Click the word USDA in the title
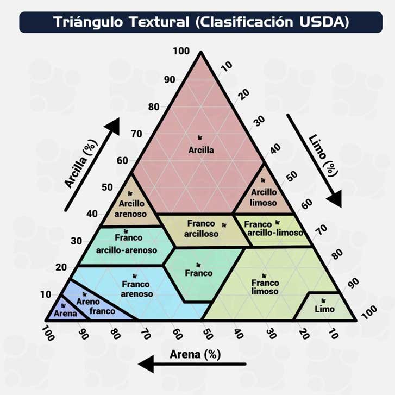(323, 22)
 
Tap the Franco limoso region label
(265, 287)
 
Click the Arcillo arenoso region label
(132, 209)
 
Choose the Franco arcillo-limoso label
(273, 229)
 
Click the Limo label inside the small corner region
(325, 309)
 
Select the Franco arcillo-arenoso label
(127, 244)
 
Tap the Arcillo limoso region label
(264, 197)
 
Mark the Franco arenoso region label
(136, 289)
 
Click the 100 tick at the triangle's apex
(181, 51)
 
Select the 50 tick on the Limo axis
(292, 176)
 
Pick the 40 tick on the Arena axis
(237, 333)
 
